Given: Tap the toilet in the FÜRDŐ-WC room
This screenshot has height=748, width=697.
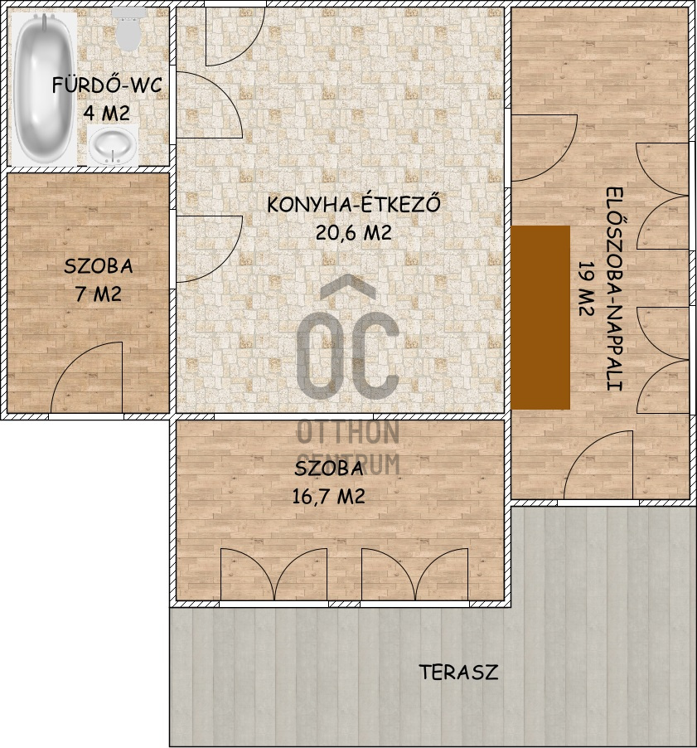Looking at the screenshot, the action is (128, 30).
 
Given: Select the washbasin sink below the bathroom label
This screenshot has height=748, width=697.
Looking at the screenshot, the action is (113, 145).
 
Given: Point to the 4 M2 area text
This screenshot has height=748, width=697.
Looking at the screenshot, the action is (107, 114).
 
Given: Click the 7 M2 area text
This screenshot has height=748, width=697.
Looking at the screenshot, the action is (98, 294).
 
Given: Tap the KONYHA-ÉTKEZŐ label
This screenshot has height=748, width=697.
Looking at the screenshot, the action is (353, 204).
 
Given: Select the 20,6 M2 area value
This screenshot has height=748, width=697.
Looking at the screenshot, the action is (353, 232).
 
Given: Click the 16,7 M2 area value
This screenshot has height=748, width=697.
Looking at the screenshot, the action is (328, 497).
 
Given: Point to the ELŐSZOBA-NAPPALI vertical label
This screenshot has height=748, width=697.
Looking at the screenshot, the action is (615, 289).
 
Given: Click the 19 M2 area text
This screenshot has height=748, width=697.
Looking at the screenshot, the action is (586, 289).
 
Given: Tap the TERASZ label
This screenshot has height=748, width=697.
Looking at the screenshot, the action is (458, 673).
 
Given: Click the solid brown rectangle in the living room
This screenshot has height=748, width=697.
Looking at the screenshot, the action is (540, 318).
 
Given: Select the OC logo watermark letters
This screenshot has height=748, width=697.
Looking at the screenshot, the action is (348, 337).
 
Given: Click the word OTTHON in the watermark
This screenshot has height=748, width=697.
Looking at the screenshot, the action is (348, 431).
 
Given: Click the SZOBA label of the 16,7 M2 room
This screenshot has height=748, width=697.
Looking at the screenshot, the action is (328, 469).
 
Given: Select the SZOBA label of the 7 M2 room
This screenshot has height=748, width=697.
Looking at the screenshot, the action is (99, 266).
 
